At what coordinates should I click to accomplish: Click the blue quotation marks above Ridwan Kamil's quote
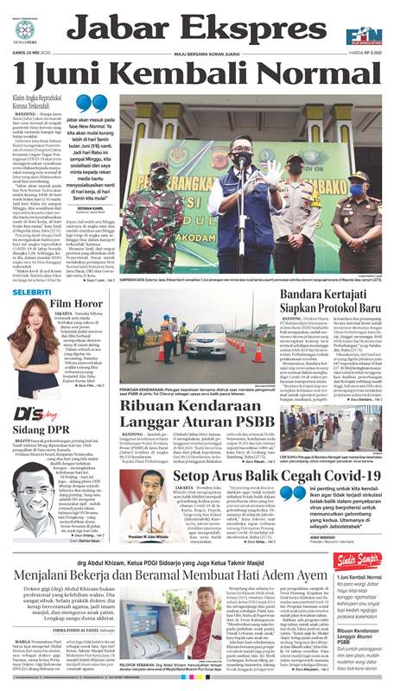click(x=83, y=105)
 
